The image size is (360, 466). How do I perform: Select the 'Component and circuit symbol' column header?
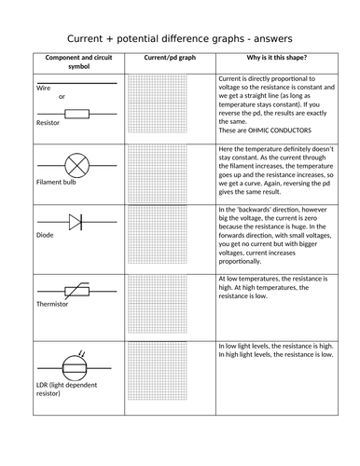(75, 62)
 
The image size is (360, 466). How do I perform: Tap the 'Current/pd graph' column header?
(167, 58)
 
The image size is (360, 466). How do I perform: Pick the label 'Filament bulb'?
(56, 182)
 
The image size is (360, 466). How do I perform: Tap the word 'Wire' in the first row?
(43, 87)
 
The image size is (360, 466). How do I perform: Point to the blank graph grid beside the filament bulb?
(167, 174)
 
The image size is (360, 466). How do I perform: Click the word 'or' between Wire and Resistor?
(62, 96)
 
